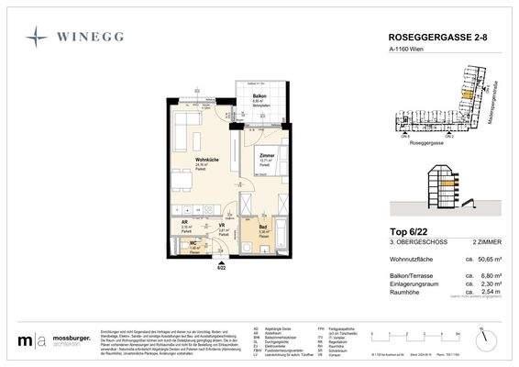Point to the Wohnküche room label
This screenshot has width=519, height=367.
point(205,160)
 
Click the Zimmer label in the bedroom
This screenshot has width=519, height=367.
point(267,156)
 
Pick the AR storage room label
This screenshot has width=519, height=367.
point(186,224)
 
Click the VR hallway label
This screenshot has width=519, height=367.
point(222,225)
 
